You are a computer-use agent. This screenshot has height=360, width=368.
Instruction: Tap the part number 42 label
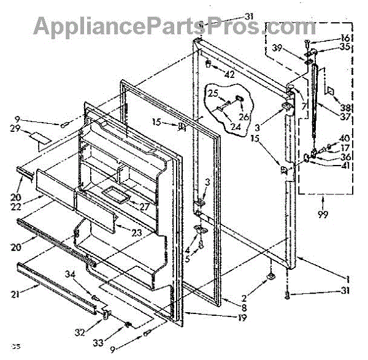[229, 75]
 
